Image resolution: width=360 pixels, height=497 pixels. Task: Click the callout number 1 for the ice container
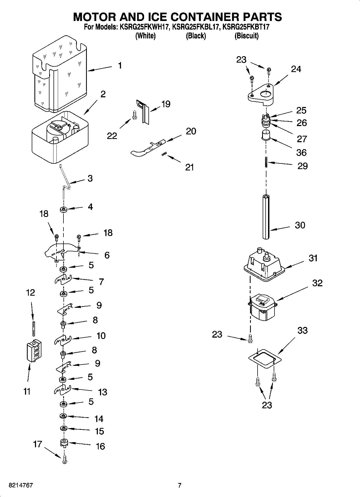120,66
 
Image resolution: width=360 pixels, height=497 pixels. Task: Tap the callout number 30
300,225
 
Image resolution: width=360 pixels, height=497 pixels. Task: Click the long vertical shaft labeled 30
266,217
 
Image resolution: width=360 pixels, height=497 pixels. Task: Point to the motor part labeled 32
262,307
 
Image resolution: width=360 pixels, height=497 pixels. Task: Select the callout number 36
301,152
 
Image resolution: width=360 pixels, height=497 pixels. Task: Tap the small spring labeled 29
266,162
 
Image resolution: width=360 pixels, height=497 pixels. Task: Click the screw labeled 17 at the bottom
64,460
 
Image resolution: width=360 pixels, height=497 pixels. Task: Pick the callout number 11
27,391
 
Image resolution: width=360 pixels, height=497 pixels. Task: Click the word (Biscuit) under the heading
246,36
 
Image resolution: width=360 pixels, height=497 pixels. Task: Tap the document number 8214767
21,485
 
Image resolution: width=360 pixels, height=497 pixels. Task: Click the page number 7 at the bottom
180,485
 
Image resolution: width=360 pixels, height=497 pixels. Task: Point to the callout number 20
191,131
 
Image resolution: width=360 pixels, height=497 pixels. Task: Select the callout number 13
103,392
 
